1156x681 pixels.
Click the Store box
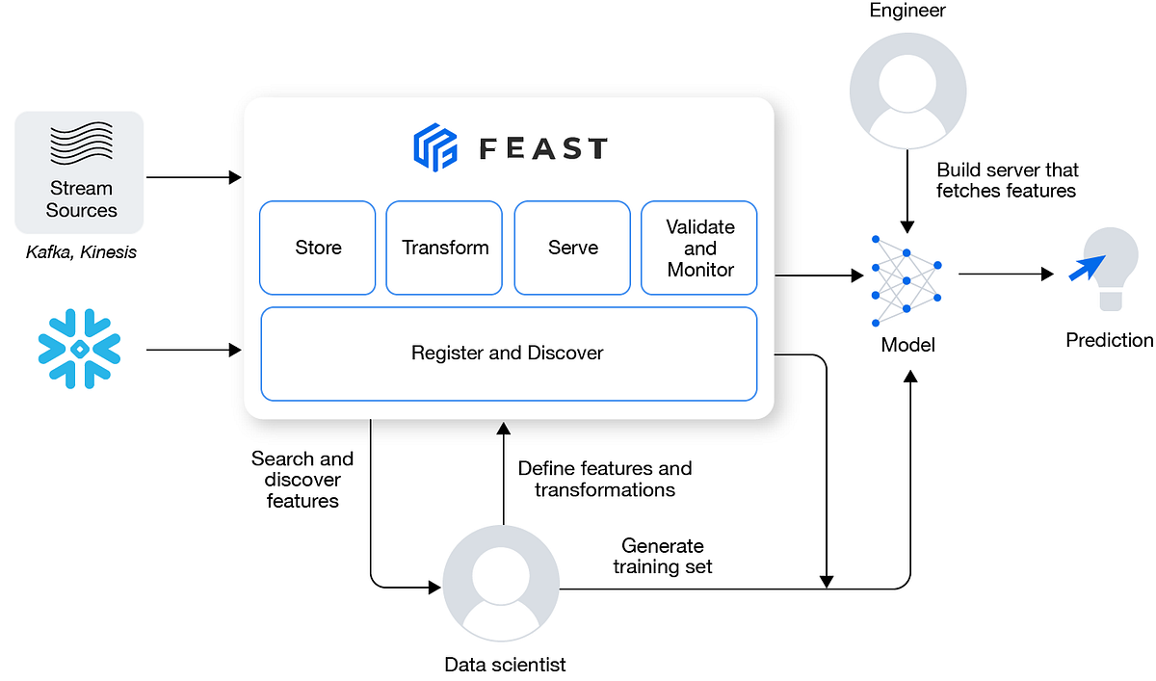[318, 248]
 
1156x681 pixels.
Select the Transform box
[444, 248]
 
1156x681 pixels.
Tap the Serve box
[572, 248]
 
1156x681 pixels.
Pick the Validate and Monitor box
[699, 248]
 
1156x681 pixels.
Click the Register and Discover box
[508, 354]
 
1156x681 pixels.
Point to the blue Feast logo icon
[434, 147]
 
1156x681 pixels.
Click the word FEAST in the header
[543, 148]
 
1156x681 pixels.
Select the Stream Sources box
[80, 173]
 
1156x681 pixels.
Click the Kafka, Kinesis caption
[81, 252]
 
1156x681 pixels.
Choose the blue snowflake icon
[79, 349]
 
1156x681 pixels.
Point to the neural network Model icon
[906, 279]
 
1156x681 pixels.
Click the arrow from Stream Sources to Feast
[193, 177]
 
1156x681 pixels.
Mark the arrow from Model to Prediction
[1006, 275]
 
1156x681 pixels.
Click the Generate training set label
[663, 557]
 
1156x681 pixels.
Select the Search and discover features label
[302, 480]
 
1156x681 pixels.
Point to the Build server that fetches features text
[1006, 180]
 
